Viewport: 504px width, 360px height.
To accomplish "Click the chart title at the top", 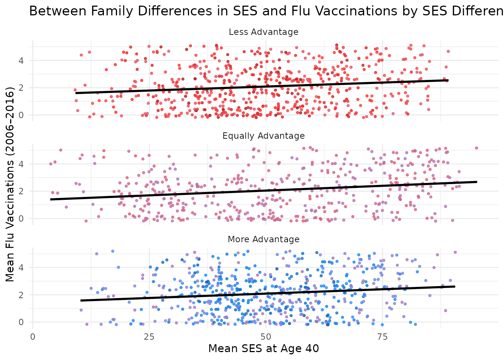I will point(262,11).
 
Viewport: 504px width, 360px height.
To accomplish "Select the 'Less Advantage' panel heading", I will point(263,32).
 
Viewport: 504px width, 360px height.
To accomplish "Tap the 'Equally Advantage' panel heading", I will point(263,135).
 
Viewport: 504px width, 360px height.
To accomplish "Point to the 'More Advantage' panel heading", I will point(263,239).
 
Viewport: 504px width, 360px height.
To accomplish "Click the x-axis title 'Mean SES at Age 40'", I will point(263,349).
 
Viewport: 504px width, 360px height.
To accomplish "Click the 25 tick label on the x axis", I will point(149,336).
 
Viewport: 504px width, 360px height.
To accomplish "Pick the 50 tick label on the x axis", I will point(265,336).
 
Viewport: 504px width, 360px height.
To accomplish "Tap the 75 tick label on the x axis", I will point(382,336).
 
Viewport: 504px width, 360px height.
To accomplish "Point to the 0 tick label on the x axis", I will point(33,336).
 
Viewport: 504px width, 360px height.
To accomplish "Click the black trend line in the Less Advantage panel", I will point(262,87).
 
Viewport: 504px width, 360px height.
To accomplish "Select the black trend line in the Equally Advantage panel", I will point(262,190).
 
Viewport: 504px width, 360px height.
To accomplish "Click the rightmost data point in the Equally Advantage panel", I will point(476,148).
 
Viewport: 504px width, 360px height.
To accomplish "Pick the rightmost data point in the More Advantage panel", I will point(455,252).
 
